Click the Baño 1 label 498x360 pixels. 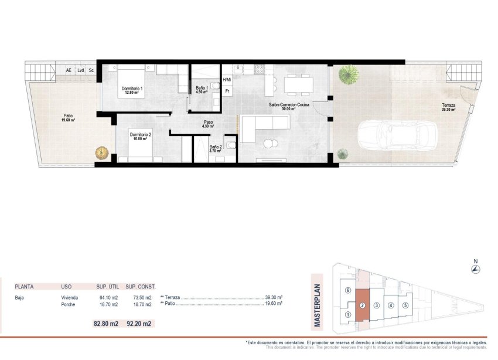tap(202, 90)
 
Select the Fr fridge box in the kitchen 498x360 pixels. tap(227, 91)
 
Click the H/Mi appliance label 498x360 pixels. tap(227, 79)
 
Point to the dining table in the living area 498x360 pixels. tap(298, 85)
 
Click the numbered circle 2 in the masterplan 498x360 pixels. tap(363, 305)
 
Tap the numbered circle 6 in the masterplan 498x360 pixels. tap(347, 291)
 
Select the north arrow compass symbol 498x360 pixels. tap(476, 269)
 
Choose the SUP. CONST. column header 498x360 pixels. tap(141, 287)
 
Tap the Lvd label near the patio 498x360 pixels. tap(80, 70)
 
